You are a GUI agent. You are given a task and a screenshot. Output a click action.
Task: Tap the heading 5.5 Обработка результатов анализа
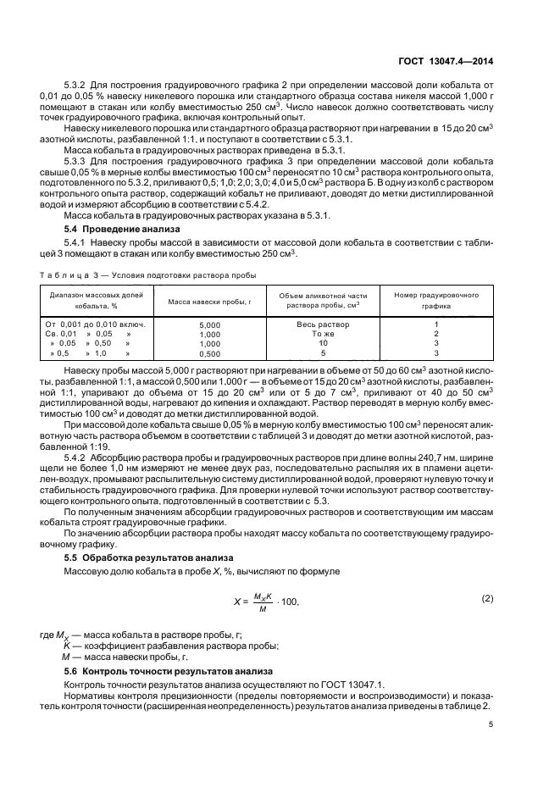tap(145, 557)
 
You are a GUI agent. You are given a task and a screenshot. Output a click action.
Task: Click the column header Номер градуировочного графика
tap(436, 300)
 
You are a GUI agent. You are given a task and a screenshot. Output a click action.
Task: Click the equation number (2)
tap(487, 598)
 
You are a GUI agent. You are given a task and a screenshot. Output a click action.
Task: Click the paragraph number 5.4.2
tap(79, 458)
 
